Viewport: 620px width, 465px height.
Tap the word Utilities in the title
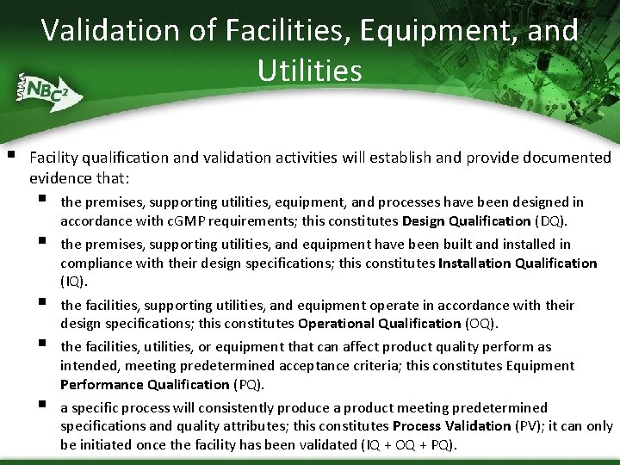[309, 71]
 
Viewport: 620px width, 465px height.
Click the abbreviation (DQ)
[551, 220]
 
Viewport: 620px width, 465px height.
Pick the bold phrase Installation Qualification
[517, 263]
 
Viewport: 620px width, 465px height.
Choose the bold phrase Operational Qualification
[379, 324]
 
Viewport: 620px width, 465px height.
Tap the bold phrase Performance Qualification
[145, 384]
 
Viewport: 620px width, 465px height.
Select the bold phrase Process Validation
[451, 426]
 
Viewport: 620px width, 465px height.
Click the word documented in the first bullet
[568, 158]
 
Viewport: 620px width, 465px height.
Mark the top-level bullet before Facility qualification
[11, 156]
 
